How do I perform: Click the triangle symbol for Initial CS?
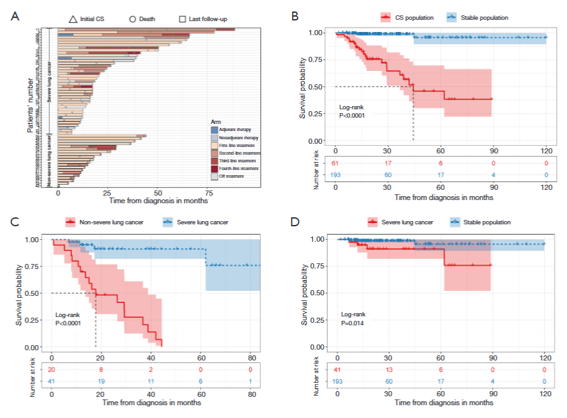[72, 19]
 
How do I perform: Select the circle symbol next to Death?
[132, 19]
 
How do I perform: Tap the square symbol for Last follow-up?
[183, 19]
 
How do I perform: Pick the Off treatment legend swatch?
[215, 176]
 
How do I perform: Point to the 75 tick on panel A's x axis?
[208, 192]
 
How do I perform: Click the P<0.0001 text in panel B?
[352, 116]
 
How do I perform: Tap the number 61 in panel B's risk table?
[336, 164]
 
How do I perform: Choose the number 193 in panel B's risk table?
[336, 174]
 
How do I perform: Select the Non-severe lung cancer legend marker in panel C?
[71, 222]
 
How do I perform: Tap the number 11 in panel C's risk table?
[151, 381]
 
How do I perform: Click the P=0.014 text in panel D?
[352, 322]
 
